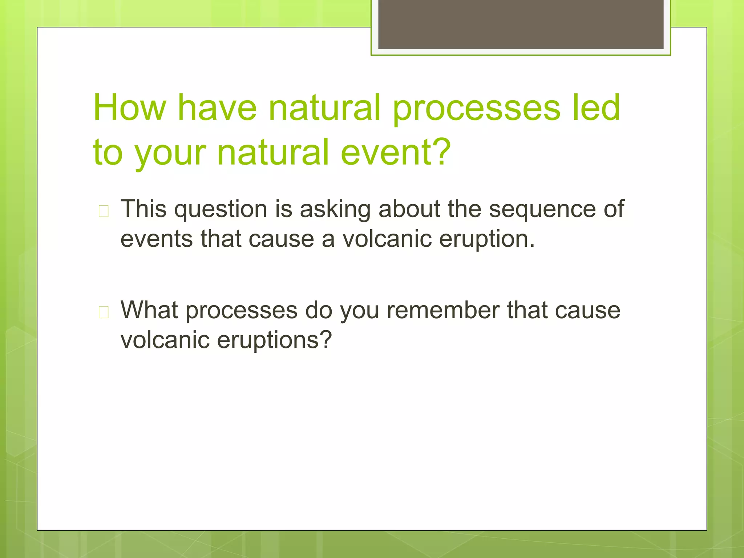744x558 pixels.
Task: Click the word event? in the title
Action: [396, 153]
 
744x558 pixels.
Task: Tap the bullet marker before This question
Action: [104, 211]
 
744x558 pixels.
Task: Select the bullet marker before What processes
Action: [104, 312]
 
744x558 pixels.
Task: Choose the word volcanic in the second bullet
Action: [165, 340]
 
